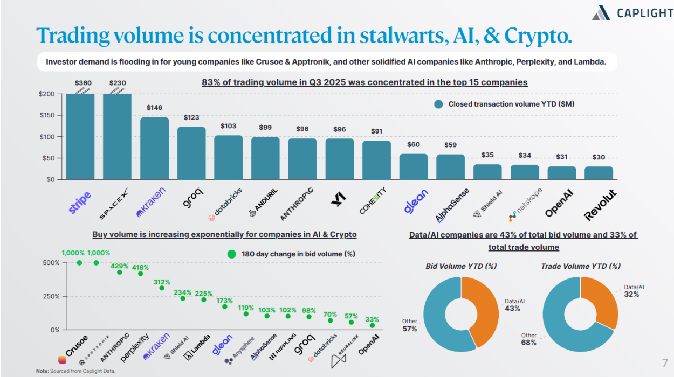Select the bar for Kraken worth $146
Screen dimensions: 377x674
coord(155,148)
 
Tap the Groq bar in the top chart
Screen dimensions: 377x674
coord(191,153)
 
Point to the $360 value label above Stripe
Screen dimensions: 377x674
coord(83,83)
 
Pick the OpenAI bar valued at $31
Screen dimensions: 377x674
coord(562,173)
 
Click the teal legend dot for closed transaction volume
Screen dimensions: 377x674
coord(439,104)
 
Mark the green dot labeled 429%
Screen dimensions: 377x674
coord(119,272)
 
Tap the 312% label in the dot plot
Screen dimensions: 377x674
coord(161,282)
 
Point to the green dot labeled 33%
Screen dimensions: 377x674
coord(372,325)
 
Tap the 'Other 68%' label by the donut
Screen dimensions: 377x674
coord(528,339)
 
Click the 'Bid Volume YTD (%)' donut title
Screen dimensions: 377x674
coord(461,266)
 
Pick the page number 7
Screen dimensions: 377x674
coord(664,362)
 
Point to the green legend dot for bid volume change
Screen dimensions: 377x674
coord(231,254)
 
